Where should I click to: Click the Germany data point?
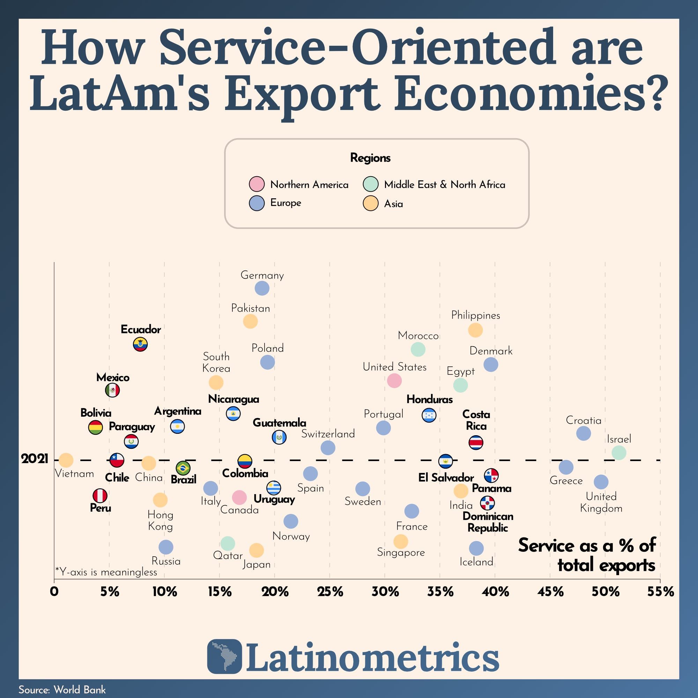(262, 288)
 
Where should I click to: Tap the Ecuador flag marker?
(140, 344)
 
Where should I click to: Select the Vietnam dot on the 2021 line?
(66, 460)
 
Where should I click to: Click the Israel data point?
(619, 452)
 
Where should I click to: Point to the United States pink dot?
(394, 380)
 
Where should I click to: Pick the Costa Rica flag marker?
(476, 443)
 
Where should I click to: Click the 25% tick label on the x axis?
(330, 592)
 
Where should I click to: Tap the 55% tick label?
(660, 592)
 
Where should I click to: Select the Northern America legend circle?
(257, 184)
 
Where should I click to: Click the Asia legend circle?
(371, 203)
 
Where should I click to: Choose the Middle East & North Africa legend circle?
(371, 184)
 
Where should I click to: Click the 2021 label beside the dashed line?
(35, 459)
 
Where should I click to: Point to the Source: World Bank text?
(62, 690)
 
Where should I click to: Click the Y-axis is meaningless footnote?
(106, 572)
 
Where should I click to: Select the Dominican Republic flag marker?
(487, 503)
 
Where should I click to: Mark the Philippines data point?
(475, 329)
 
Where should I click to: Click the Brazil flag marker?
(183, 468)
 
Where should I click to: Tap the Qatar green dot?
(228, 543)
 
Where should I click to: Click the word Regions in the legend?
(370, 158)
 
